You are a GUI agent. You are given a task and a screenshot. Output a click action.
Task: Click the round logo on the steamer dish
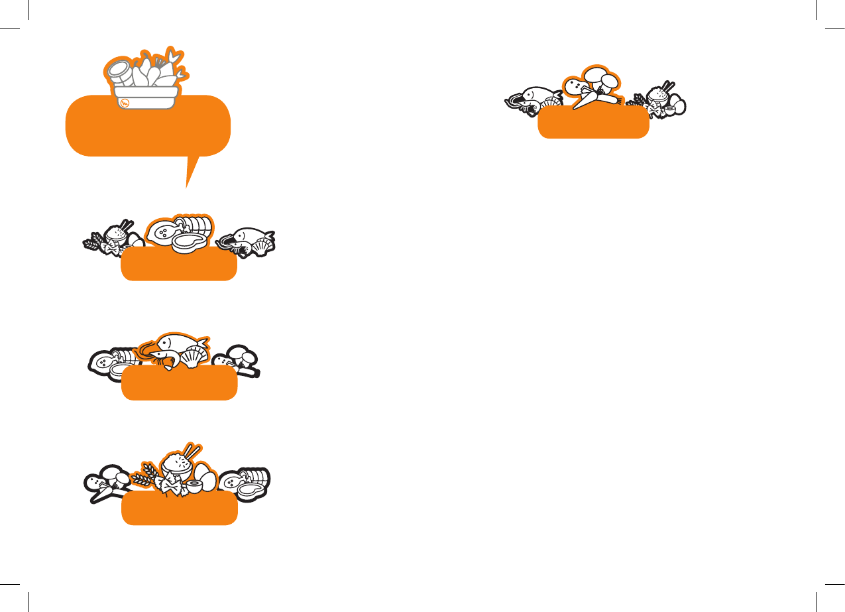[125, 102]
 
